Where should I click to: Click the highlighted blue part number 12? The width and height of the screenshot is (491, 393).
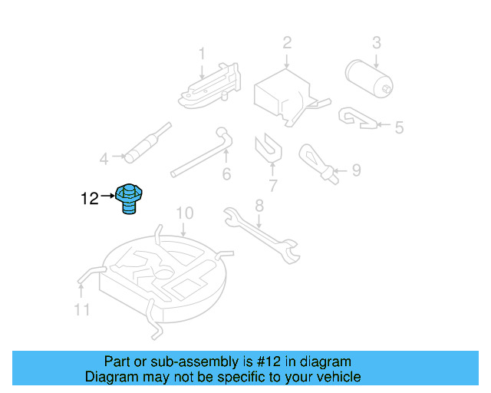[x=130, y=200]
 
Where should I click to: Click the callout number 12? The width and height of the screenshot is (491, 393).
[x=89, y=199]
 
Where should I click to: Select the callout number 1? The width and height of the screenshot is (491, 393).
[x=203, y=54]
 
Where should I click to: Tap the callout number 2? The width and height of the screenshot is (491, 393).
[x=287, y=41]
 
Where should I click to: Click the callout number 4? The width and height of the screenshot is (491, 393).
[x=104, y=159]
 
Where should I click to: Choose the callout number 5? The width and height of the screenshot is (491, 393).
[x=399, y=127]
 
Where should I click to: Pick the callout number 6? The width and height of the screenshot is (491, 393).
[x=226, y=174]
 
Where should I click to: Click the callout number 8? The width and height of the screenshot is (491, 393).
[x=259, y=205]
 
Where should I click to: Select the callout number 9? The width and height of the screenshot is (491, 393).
[x=356, y=170]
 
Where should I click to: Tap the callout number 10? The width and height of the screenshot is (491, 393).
[x=184, y=213]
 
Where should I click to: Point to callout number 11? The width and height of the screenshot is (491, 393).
[x=82, y=309]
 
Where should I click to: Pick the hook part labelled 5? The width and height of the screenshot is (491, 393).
[x=357, y=117]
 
